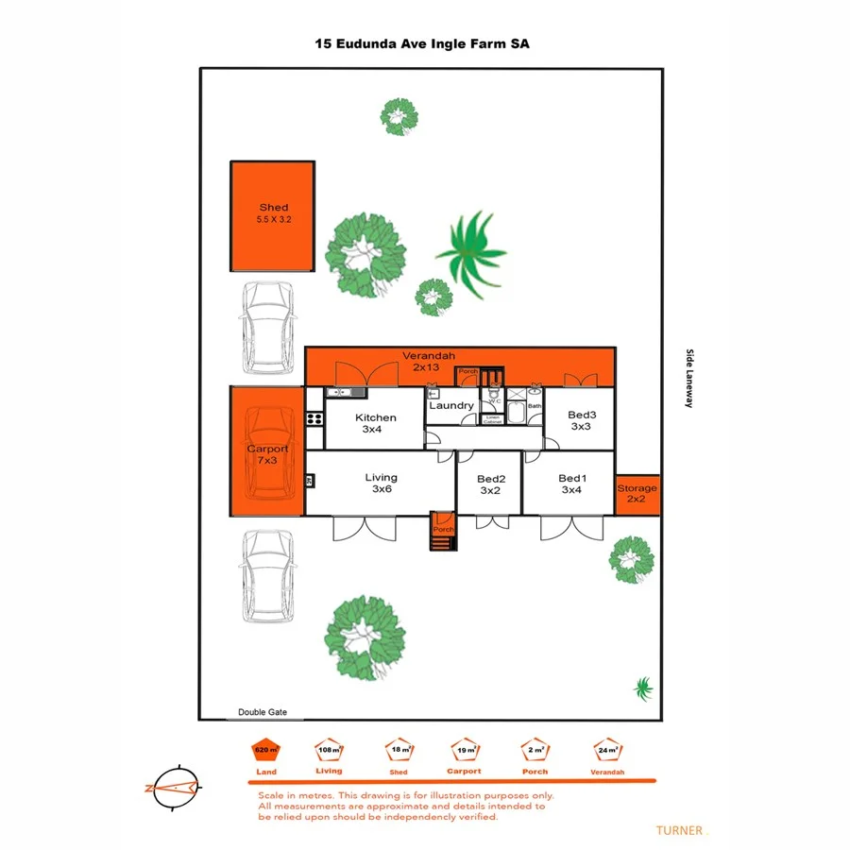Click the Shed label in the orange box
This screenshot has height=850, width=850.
pyautogui.click(x=273, y=208)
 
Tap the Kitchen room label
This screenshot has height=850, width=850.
pyautogui.click(x=375, y=417)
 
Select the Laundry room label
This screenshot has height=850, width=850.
pyautogui.click(x=451, y=406)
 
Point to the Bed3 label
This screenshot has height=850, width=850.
pyautogui.click(x=582, y=415)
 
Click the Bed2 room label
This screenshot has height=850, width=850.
pyautogui.click(x=489, y=479)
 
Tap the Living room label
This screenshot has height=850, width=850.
pyautogui.click(x=382, y=478)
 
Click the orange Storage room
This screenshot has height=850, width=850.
pyautogui.click(x=637, y=493)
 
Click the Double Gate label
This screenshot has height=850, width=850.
pyautogui.click(x=263, y=713)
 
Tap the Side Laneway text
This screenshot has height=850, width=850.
pyautogui.click(x=689, y=378)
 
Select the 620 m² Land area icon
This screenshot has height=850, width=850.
pyautogui.click(x=267, y=750)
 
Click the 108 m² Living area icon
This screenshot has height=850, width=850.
pyautogui.click(x=329, y=750)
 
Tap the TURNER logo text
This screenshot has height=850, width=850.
pyautogui.click(x=679, y=830)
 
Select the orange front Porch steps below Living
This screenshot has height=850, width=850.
pyautogui.click(x=442, y=525)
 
